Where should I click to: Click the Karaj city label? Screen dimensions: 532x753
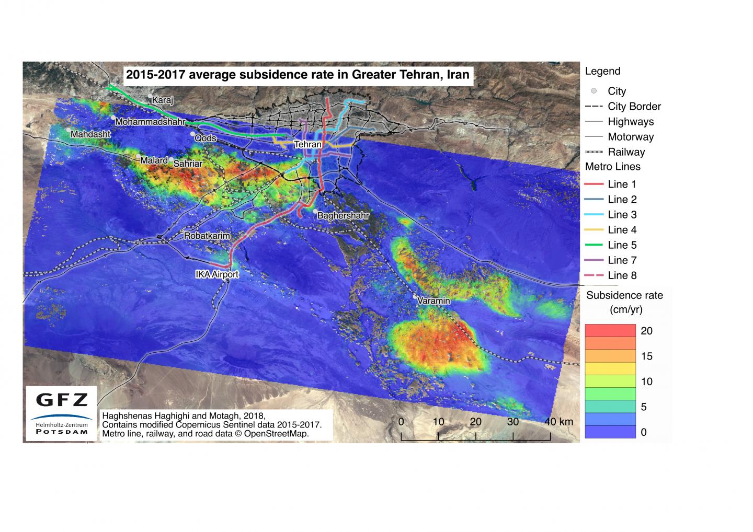coord(162,100)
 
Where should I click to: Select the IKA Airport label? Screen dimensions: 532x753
coord(216,274)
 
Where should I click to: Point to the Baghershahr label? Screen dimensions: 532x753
coord(343,215)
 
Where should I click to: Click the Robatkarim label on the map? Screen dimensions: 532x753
coord(207,236)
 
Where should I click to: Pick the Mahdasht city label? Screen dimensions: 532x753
coord(90,134)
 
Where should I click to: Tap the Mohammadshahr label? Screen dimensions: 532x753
coord(150,122)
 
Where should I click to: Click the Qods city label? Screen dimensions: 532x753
coord(206,138)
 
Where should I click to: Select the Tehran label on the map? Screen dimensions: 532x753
coord(307,144)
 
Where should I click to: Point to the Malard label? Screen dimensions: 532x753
coord(154,160)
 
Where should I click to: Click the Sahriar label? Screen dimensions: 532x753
coord(188,164)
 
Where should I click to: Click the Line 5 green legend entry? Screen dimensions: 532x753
coord(622,245)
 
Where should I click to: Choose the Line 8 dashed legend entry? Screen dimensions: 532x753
coord(622,275)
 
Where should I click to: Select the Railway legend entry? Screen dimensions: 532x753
coord(626,152)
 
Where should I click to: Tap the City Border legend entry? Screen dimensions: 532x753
coord(634,107)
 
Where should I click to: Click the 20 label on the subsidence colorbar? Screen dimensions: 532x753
coord(646,331)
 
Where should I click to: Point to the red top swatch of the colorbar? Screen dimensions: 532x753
coord(610,330)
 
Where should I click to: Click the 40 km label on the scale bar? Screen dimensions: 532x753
coord(558,422)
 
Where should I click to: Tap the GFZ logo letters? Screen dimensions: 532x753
coord(62,400)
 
